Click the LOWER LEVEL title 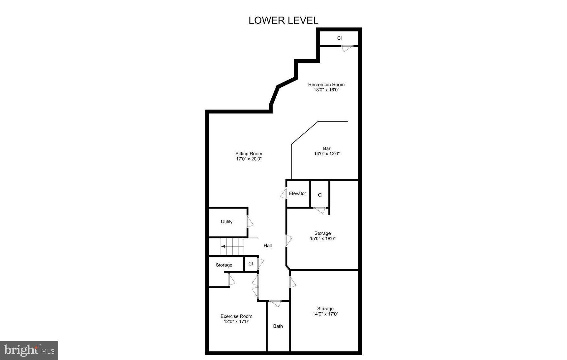pos(283,20)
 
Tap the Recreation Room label pos(326,85)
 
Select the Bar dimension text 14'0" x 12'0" pos(327,153)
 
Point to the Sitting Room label pos(249,153)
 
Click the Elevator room pos(298,193)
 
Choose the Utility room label pos(227,222)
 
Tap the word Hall pos(268,246)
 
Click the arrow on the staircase pos(223,246)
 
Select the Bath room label pos(278,326)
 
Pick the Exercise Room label pos(236,316)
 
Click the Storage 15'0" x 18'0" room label pos(322,233)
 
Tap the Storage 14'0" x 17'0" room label pos(325,309)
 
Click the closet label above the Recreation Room pos(339,38)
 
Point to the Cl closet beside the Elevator pos(320,195)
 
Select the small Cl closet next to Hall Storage pos(250,264)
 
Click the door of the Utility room pos(250,221)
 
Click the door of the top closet pos(347,48)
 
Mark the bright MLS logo pos(29,350)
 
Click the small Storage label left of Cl pos(224,265)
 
